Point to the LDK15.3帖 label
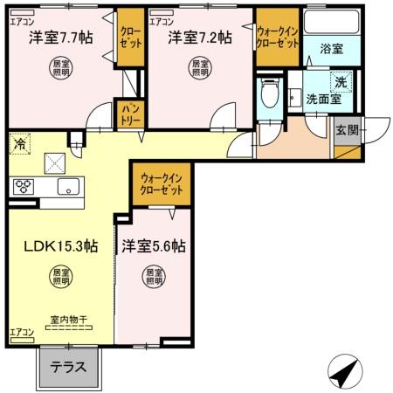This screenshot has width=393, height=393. [x=59, y=246]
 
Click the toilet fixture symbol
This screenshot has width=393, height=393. [x=270, y=93]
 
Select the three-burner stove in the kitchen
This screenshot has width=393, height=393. [x=23, y=186]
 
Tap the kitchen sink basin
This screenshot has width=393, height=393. [x=66, y=187]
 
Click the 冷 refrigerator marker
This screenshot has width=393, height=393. [x=18, y=141]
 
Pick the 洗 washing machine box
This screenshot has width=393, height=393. [x=342, y=79]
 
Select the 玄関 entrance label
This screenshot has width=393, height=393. [x=346, y=130]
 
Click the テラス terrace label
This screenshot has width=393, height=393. [x=67, y=367]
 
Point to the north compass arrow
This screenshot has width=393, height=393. [x=343, y=373]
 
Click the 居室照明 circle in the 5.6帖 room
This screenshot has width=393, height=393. [x=154, y=278]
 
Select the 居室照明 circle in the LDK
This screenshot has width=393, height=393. [x=60, y=278]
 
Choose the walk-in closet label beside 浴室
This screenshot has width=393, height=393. [x=278, y=37]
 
